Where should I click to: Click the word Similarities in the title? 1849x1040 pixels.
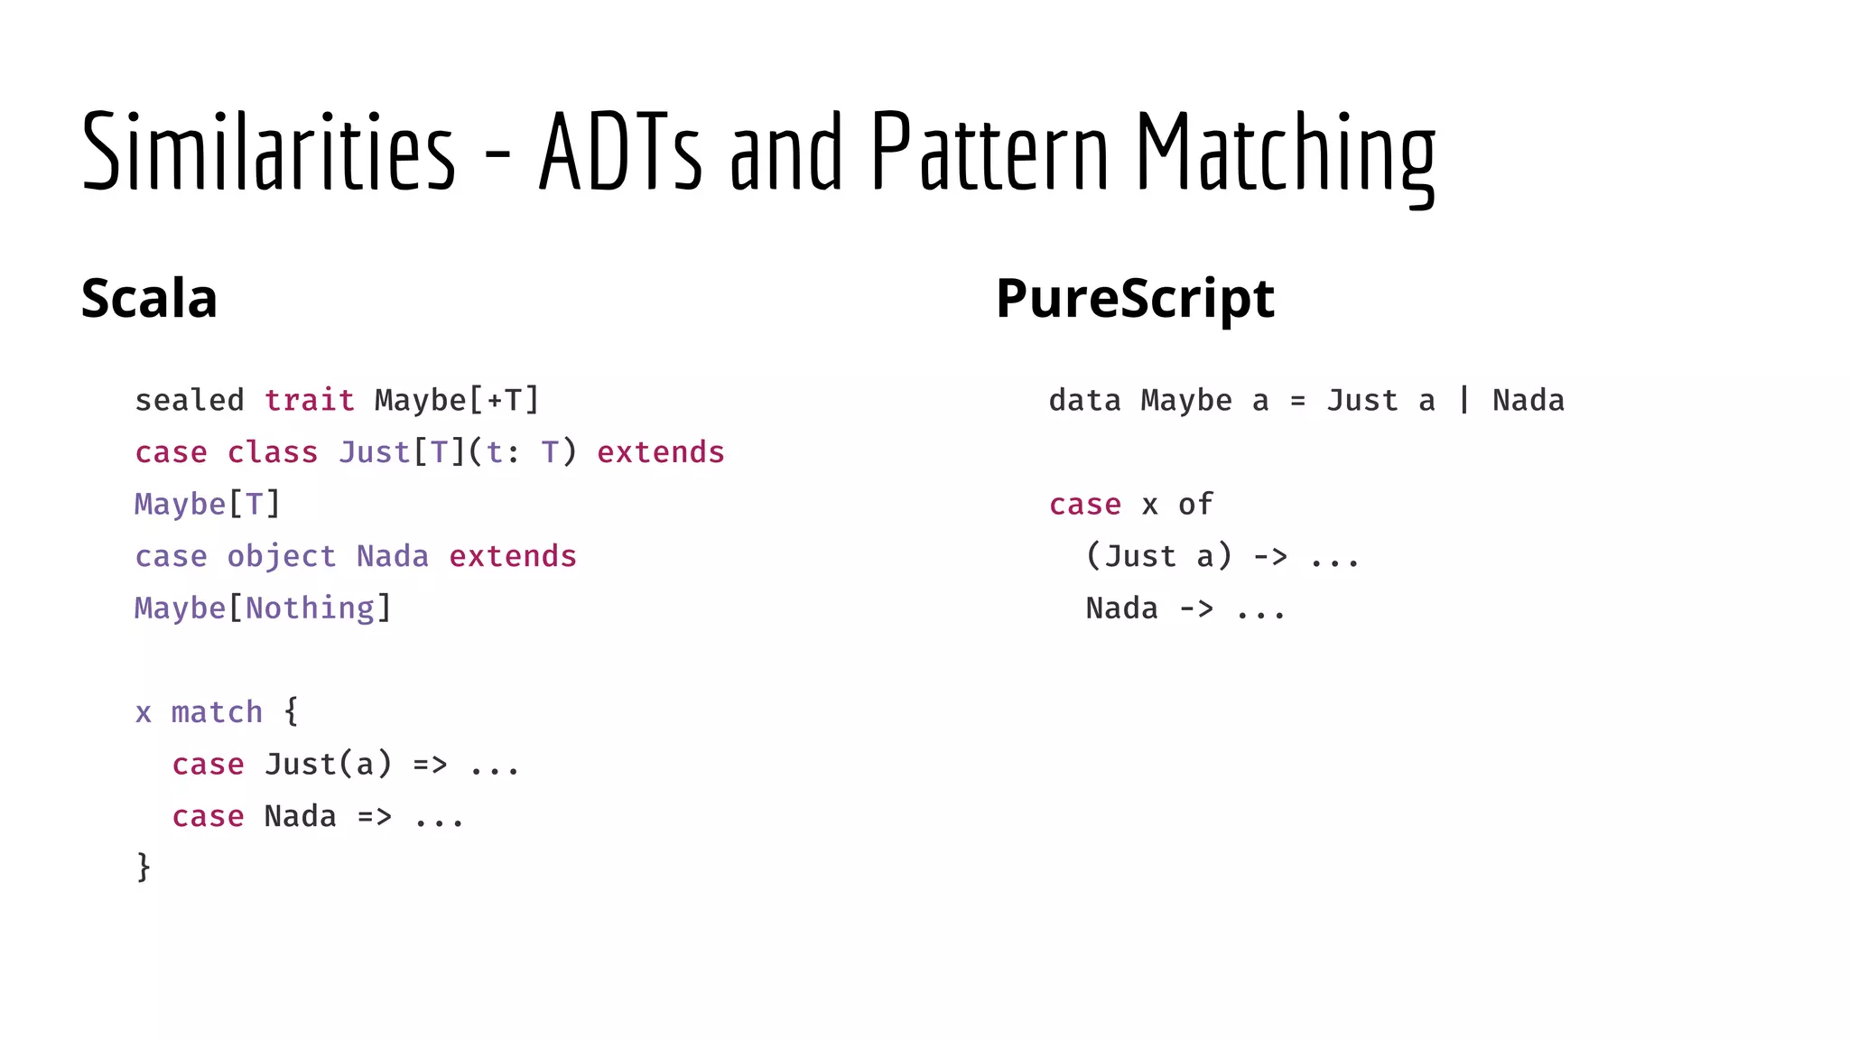coord(268,151)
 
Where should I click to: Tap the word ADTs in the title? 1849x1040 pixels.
coord(620,151)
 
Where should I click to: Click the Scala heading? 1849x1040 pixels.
coord(149,298)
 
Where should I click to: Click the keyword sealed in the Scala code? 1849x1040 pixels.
coord(190,400)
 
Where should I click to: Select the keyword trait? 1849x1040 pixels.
coord(309,400)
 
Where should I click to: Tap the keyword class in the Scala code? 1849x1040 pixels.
coord(272,452)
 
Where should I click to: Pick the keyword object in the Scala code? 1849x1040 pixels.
coord(281,557)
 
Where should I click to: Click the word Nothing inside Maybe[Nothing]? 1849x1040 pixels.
coord(310,608)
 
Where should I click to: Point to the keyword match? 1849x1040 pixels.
coord(217,712)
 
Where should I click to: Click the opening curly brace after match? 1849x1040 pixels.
coord(291,711)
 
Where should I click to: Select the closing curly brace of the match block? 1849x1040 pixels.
coord(144,867)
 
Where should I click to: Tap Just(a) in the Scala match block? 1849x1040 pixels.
coord(329,765)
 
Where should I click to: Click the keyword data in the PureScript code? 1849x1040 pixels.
coord(1084,400)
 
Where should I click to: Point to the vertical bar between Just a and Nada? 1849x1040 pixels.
coord(1463,400)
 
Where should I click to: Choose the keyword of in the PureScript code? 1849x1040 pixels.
coord(1195,504)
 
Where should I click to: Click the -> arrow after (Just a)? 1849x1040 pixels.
coord(1270,557)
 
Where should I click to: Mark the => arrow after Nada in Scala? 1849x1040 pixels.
coord(375,817)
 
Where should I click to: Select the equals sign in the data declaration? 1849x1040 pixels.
coord(1297,401)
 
